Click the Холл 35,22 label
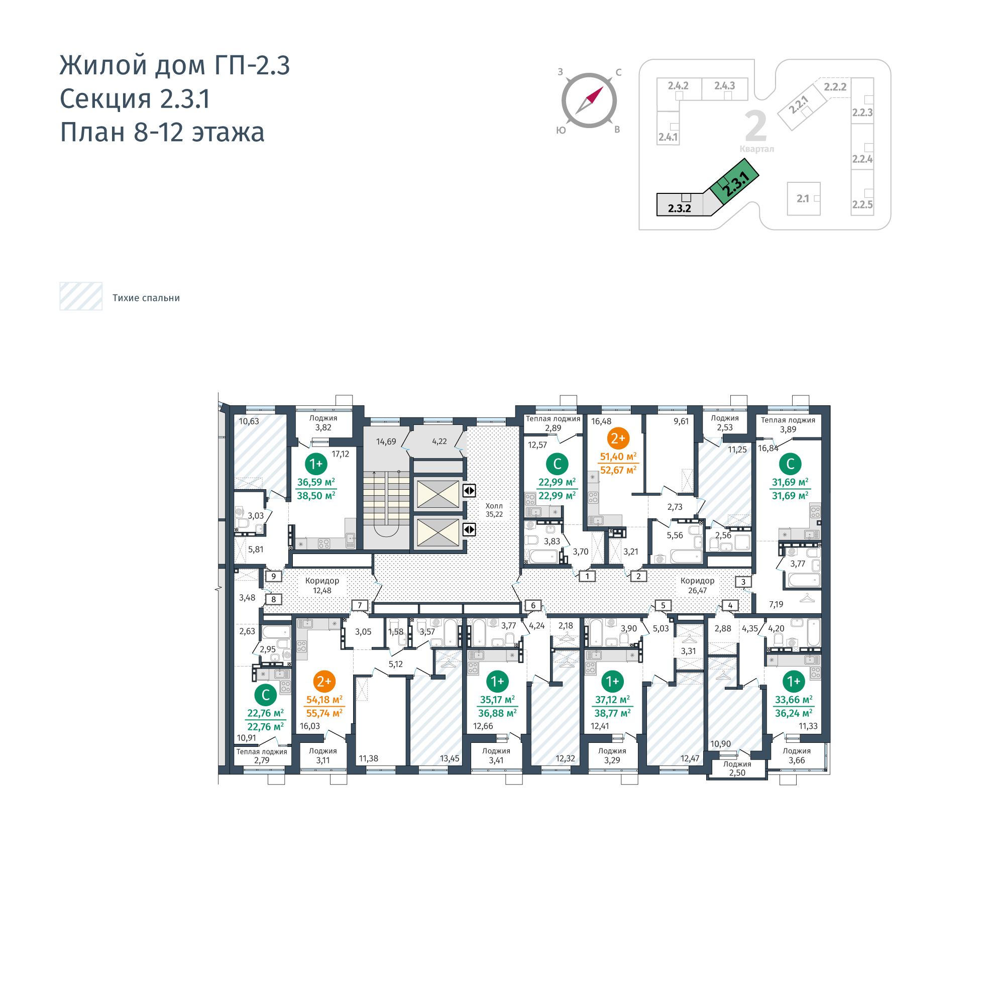coord(494,510)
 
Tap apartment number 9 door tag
coord(274,577)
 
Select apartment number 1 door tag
coord(587,577)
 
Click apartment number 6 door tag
coord(533,606)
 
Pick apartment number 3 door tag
coord(743,582)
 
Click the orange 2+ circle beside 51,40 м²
coord(618,438)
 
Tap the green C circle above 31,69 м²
coord(790,464)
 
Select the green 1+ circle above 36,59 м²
coord(316,464)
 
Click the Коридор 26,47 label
coord(697,586)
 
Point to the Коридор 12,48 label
coord(322,586)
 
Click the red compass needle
coord(595,94)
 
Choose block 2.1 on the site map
coord(803,198)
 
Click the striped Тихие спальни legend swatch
coord(81,296)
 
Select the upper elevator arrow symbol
coord(469,490)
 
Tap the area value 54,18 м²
coord(324,699)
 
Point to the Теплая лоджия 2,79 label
coord(262,755)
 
